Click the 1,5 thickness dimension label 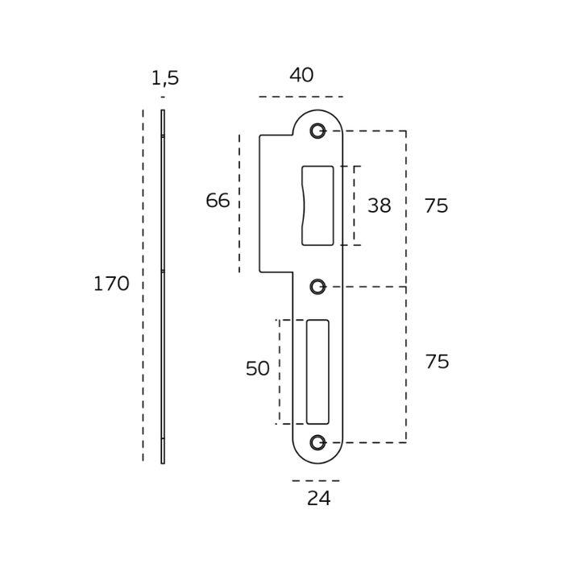(164, 78)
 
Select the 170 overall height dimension (110, 284)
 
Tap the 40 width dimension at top (301, 75)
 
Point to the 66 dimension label (218, 201)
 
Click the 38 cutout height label (379, 205)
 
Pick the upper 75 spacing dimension (436, 205)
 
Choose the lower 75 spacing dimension (437, 362)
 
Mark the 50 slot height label (257, 368)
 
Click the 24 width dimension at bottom (318, 499)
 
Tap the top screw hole (317, 131)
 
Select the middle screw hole (317, 286)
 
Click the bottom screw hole (317, 442)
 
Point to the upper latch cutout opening (317, 205)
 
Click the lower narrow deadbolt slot (317, 371)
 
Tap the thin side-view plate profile (163, 286)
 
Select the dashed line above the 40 (301, 97)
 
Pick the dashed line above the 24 (316, 481)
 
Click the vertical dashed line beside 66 (239, 203)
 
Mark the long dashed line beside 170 (143, 286)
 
